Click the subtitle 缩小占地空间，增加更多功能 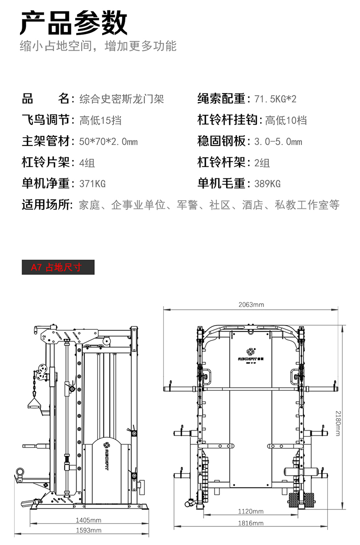pos(98,46)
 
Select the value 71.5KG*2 pos(275,99)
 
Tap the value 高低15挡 pos(100,120)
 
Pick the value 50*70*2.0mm pos(108,142)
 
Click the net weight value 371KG pos(92,184)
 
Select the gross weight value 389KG pos(267,184)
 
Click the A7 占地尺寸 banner pos(58,267)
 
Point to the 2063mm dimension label pos(251,305)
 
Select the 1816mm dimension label pos(251,523)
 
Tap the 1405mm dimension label pos(88,520)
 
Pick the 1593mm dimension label pos(88,530)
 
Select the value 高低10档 pos(286,120)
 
